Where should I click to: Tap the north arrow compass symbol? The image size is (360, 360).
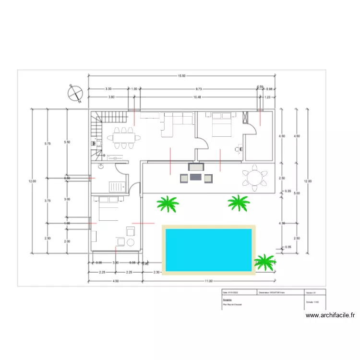[x=75, y=93]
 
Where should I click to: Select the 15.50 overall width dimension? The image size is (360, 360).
[x=181, y=76]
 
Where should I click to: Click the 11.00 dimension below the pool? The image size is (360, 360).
[x=208, y=281]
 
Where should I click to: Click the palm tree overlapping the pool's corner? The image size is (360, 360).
[x=264, y=262]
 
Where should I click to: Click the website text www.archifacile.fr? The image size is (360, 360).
[x=330, y=315]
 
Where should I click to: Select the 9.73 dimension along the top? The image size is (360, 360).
[x=198, y=89]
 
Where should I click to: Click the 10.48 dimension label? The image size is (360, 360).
[x=197, y=97]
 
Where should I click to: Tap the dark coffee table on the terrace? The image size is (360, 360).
[x=196, y=177]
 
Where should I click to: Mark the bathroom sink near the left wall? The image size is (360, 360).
[x=101, y=167]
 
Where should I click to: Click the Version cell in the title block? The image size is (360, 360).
[x=314, y=292]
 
